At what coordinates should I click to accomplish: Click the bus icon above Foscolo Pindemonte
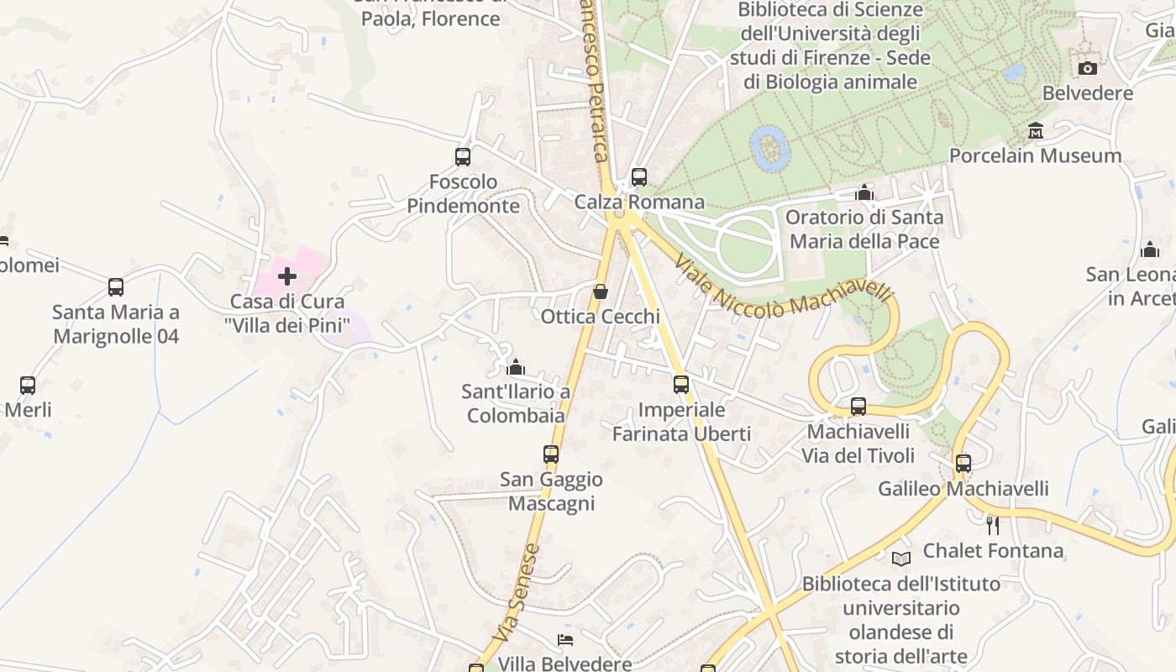click(463, 157)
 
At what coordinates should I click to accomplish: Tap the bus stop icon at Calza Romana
click(639, 177)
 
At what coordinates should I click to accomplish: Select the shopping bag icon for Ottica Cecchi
click(601, 291)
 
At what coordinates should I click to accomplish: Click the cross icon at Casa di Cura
click(287, 276)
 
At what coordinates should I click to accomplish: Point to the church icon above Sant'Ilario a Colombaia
click(516, 367)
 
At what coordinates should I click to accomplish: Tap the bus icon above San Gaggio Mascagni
click(550, 454)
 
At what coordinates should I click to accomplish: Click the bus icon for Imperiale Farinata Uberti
click(681, 385)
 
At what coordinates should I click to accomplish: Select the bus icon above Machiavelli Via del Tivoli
click(858, 407)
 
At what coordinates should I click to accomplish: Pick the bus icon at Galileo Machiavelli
click(963, 464)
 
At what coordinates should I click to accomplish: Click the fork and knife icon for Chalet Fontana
click(992, 526)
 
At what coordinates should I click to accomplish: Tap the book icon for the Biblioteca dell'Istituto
click(900, 559)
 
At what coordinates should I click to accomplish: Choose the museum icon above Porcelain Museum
click(1035, 131)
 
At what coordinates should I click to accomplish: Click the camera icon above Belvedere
click(1088, 68)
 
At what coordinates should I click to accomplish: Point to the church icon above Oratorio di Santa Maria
click(864, 193)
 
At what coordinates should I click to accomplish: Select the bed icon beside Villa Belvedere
click(566, 640)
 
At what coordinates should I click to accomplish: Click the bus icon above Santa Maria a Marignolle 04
click(116, 287)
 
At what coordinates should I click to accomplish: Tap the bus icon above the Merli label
click(28, 386)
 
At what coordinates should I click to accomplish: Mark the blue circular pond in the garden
click(769, 148)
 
